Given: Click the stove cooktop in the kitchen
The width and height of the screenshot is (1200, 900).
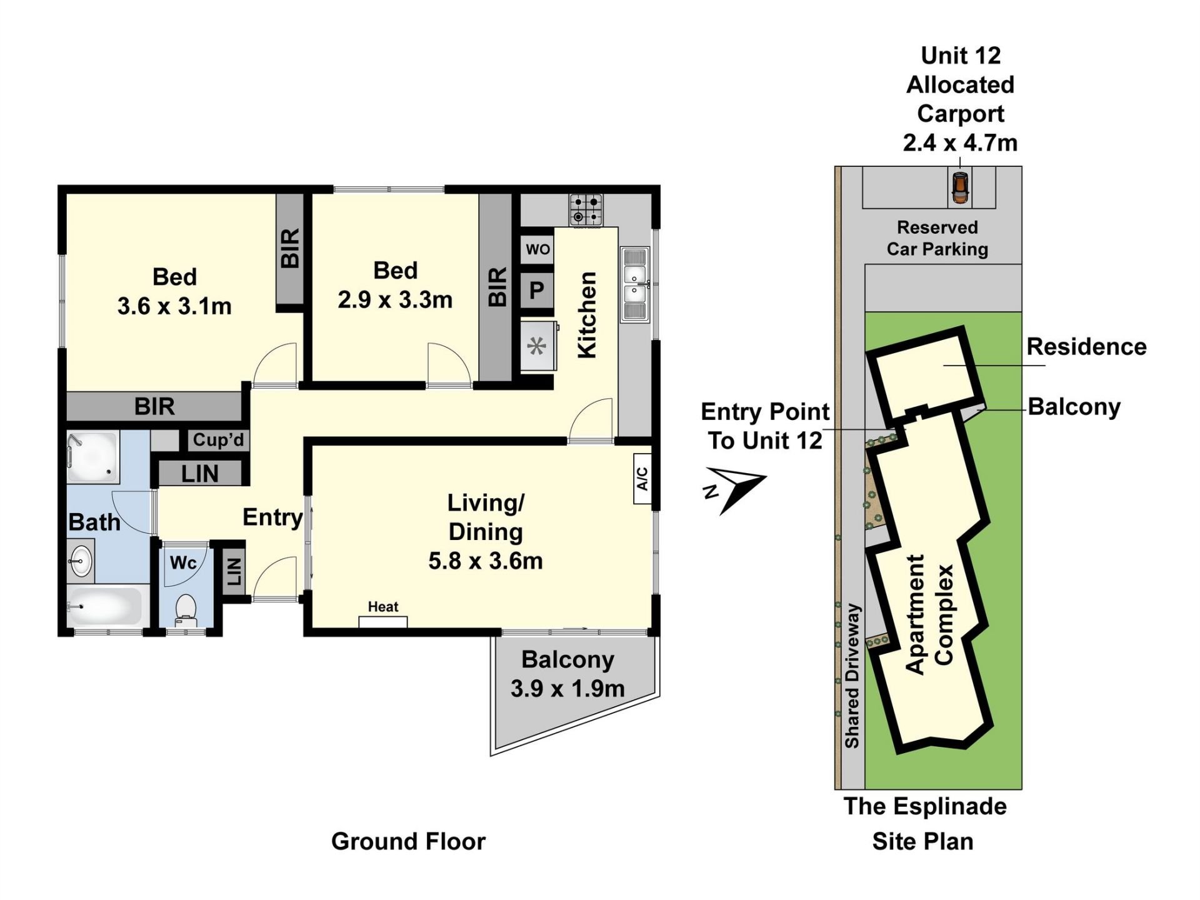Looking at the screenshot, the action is (586, 209).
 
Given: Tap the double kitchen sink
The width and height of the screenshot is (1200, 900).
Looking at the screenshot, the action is (635, 284).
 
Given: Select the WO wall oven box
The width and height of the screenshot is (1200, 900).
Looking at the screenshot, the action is (537, 249).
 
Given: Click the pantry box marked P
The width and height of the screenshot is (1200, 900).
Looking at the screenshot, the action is (537, 291).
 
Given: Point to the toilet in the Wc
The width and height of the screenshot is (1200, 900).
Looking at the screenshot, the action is (186, 609).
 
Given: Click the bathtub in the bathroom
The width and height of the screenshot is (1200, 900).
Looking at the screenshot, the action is (104, 606).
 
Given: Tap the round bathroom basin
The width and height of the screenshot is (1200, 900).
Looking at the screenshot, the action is (80, 561).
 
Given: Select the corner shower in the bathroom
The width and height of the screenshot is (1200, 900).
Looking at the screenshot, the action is (92, 457).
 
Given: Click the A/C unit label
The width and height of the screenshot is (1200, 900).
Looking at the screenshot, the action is (642, 479).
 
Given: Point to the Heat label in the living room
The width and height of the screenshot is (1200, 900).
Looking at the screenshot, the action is (383, 606).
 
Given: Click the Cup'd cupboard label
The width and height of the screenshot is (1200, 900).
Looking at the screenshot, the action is (218, 439).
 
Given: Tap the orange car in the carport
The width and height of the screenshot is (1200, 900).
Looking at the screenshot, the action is (960, 187).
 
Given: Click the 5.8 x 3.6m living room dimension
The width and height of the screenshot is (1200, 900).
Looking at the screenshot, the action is (486, 561).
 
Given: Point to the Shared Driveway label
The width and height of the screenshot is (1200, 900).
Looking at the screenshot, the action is (852, 676).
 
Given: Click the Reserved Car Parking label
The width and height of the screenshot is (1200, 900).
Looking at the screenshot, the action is (937, 238).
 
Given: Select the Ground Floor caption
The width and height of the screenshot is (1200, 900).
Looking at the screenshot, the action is (408, 841).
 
